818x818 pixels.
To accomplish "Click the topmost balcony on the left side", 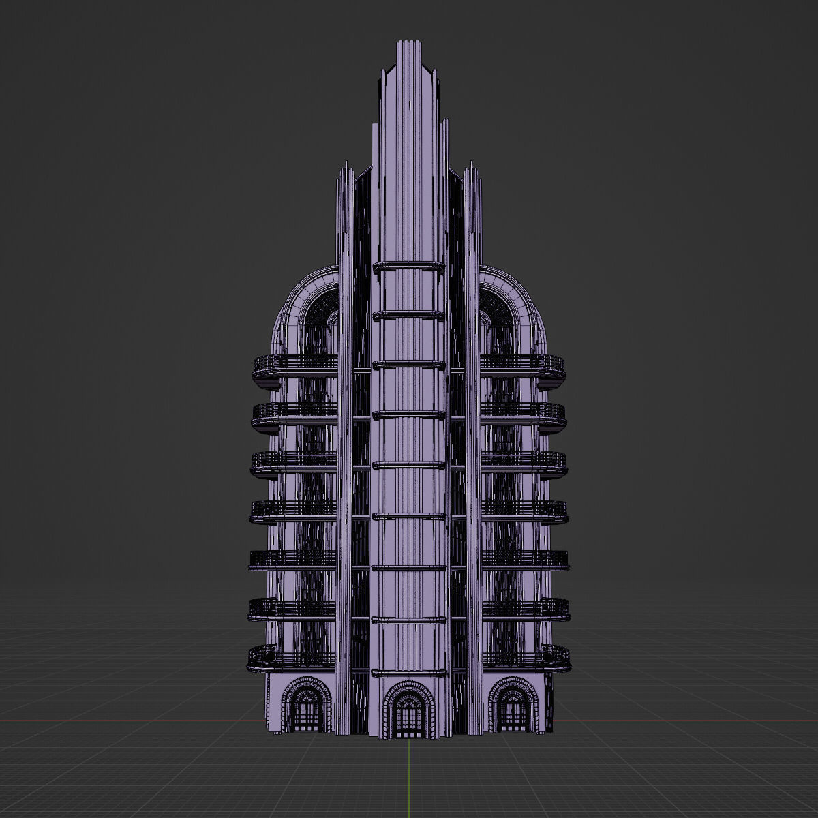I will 294,367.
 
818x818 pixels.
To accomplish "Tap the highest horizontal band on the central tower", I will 408,266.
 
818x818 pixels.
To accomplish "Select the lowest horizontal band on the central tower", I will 408,620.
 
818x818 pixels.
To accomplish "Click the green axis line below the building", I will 408,777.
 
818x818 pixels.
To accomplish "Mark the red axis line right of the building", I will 682,721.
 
